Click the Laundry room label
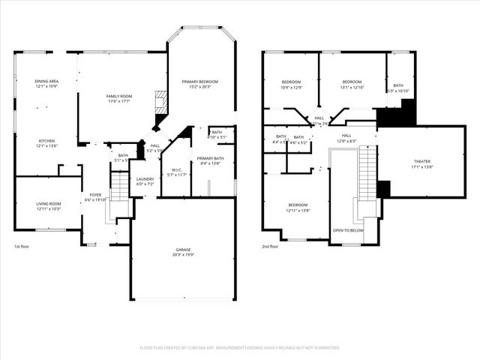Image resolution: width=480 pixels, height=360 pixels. [x=145, y=181]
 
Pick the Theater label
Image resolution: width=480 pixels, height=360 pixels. [x=422, y=163]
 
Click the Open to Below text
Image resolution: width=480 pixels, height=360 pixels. [x=348, y=230]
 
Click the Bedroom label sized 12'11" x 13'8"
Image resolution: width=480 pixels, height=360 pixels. [x=298, y=207]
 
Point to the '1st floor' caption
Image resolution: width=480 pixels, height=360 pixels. [x=22, y=246]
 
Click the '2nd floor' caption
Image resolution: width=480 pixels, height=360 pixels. [x=270, y=246]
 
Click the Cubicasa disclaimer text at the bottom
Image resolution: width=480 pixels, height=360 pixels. [x=240, y=347]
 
